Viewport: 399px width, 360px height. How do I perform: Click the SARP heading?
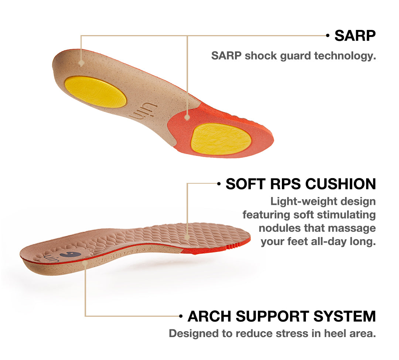click(355, 35)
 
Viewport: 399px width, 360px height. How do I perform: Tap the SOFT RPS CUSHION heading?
click(301, 184)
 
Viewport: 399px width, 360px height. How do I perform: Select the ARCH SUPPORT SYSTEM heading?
click(282, 316)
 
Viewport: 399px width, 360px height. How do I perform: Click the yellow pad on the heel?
click(95, 92)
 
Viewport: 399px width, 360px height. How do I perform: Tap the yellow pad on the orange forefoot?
click(221, 139)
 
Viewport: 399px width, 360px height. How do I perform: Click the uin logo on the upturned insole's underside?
click(143, 112)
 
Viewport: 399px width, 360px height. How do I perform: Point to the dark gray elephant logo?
click(70, 255)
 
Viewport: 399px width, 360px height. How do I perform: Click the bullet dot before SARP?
click(328, 35)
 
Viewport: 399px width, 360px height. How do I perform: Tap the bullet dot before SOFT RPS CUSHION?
click(219, 184)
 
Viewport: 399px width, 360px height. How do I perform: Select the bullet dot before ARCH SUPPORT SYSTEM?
click(181, 316)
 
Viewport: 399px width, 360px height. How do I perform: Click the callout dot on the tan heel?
click(81, 63)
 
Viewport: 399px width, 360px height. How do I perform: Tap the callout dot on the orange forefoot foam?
click(187, 118)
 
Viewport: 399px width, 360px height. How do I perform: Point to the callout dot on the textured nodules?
click(187, 237)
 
